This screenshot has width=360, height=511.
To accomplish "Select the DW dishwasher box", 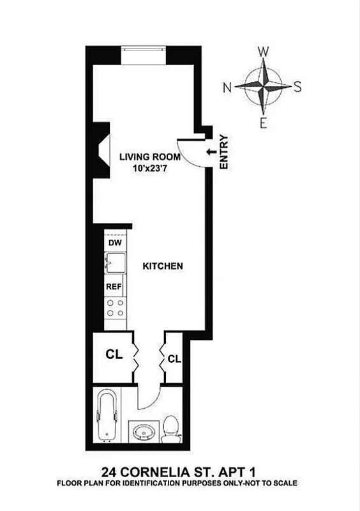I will pos(115,243).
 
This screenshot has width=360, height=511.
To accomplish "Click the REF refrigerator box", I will pos(115,287).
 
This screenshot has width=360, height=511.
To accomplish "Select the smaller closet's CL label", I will pos(174,360).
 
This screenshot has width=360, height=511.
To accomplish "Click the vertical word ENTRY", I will pos(223,151).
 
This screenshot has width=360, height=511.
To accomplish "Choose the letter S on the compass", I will pos(297,88).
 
